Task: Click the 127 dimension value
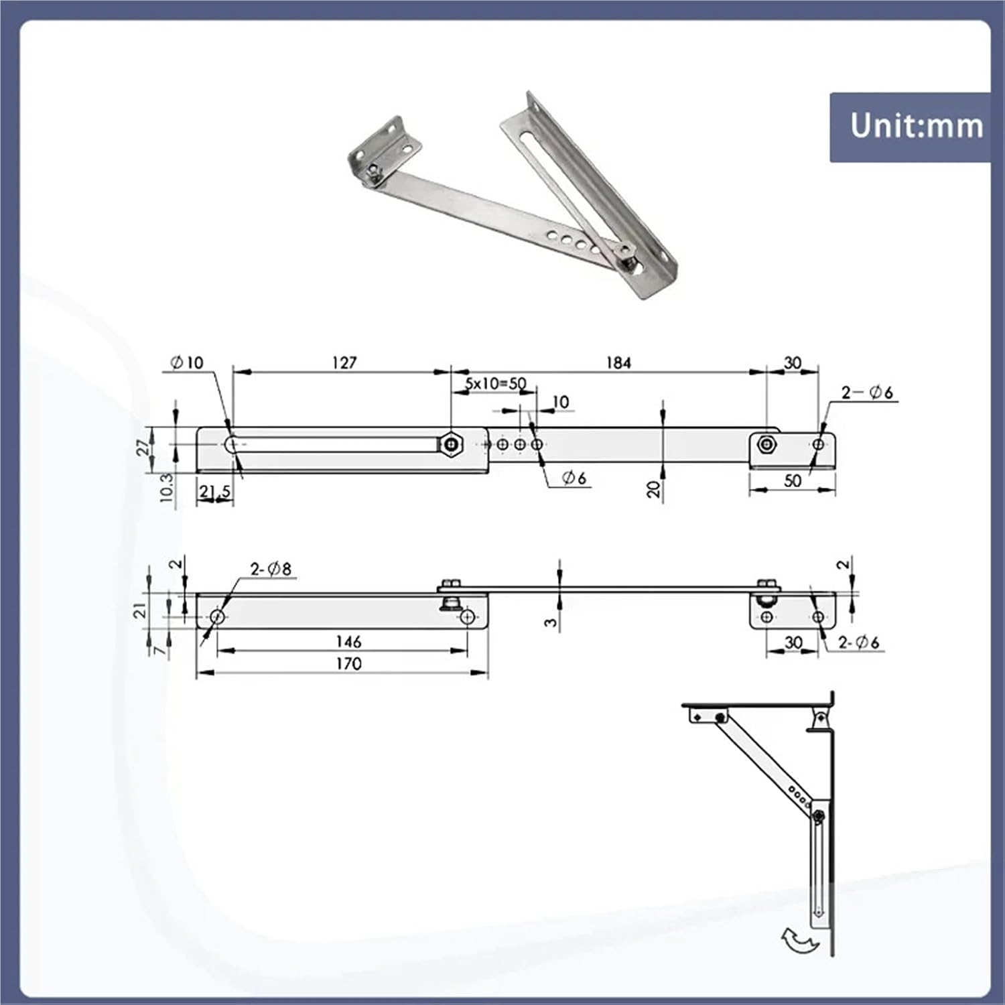pos(344,362)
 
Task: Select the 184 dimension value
pos(618,362)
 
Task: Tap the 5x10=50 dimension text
pos(496,384)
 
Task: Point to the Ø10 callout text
pos(187,362)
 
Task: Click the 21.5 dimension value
pos(214,492)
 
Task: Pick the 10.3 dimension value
pos(166,488)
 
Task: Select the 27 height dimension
pos(143,447)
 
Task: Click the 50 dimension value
pos(793,481)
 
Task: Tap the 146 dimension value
pos(348,642)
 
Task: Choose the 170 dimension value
pos(348,664)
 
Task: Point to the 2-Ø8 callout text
pos(271,569)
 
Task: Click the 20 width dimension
pos(654,488)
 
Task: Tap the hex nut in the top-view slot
pos(450,444)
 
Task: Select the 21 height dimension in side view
pos(139,610)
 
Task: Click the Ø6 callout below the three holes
pos(574,478)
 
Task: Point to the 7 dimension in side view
pos(159,650)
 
